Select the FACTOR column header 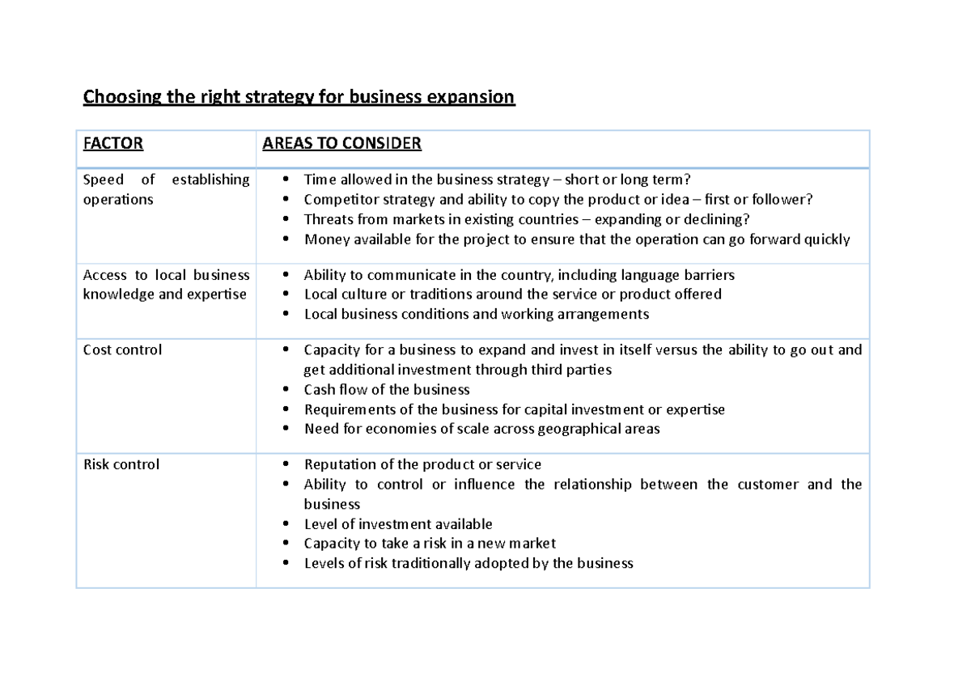pos(113,144)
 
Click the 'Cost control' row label pos(122,349)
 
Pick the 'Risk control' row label pos(121,464)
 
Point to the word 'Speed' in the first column pos(103,180)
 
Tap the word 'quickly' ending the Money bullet pos(827,239)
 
